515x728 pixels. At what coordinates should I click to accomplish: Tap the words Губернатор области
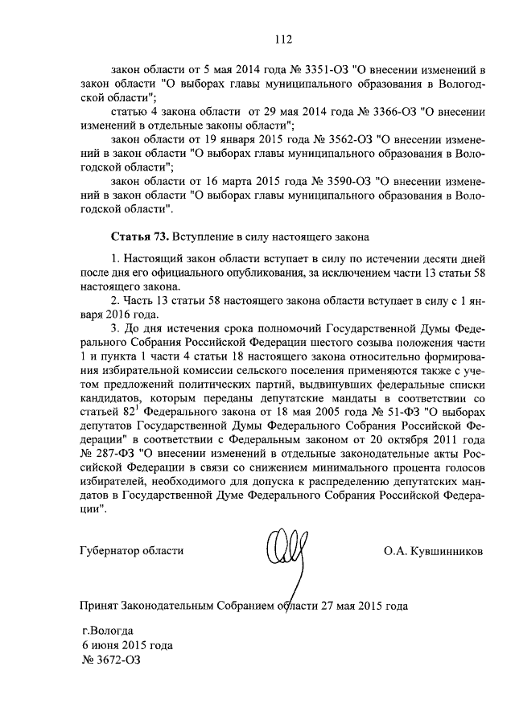click(132, 551)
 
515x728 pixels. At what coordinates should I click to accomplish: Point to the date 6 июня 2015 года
click(127, 644)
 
